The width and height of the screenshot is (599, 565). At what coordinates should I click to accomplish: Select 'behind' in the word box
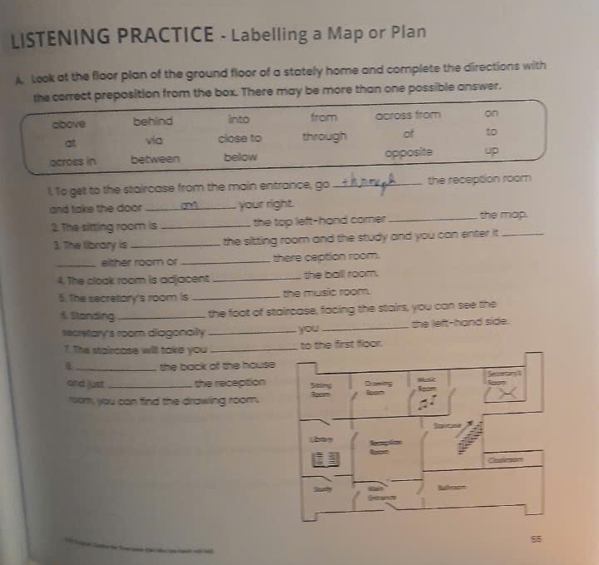(x=153, y=121)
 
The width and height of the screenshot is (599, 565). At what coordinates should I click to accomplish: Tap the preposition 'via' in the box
(x=151, y=141)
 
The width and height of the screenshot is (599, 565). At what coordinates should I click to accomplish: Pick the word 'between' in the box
(x=155, y=159)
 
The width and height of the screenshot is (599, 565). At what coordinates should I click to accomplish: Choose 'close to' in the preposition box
(x=240, y=139)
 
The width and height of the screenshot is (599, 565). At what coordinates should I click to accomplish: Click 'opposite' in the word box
(x=405, y=156)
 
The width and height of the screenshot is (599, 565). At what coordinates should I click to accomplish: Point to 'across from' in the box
(x=408, y=116)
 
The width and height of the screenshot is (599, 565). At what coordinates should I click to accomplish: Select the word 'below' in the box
(x=240, y=156)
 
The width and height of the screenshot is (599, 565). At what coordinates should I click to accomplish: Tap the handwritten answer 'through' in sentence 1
(x=365, y=181)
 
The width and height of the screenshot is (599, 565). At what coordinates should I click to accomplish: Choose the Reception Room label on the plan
(x=380, y=446)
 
